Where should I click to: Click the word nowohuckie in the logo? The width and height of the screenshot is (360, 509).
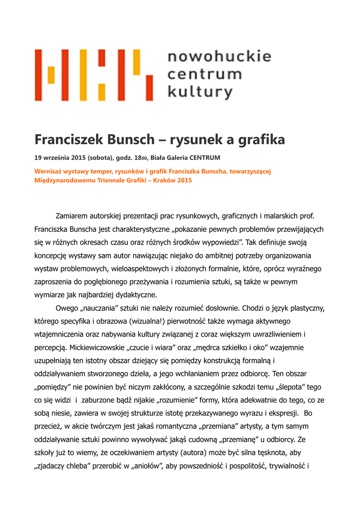(x=219, y=57)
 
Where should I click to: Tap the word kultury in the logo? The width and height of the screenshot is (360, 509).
(x=200, y=92)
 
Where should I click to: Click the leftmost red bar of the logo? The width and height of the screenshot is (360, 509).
(x=38, y=75)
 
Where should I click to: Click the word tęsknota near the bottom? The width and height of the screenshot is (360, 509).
(x=277, y=452)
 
